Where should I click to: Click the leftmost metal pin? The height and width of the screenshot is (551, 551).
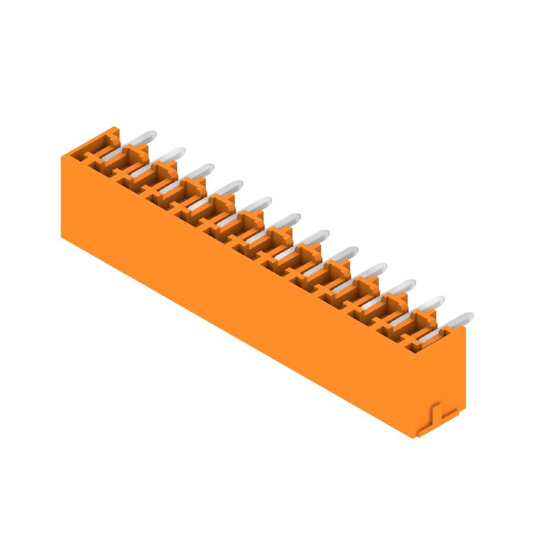141,138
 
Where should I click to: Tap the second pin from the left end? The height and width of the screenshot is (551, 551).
170,154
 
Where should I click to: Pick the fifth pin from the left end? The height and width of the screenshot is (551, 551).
256,204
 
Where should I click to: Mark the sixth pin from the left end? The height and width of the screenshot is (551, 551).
285,220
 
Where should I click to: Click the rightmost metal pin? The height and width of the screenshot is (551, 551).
457,320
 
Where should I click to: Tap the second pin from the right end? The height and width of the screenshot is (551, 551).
428,303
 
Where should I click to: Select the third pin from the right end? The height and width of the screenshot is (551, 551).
400,287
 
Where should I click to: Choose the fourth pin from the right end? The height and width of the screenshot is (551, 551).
371,270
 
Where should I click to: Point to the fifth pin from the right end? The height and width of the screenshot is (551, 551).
342,253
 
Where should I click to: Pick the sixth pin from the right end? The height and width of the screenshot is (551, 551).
313,237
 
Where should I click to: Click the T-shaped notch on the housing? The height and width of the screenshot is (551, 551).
438,415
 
